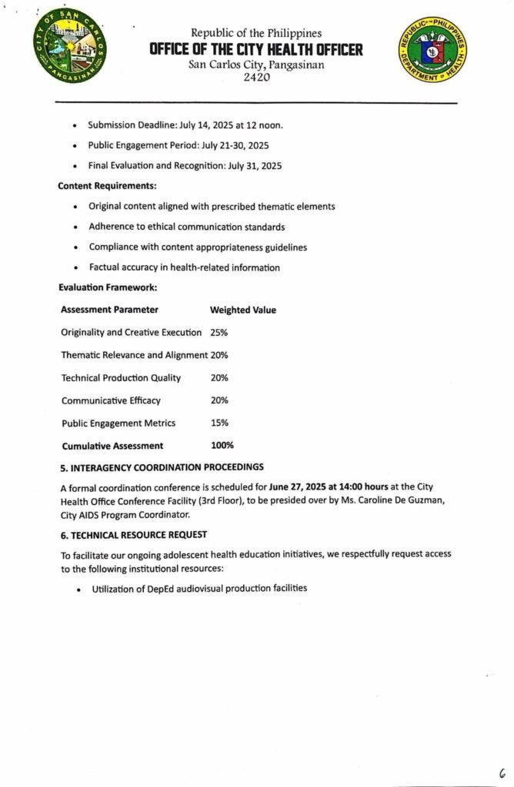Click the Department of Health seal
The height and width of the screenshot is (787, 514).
[x=432, y=51]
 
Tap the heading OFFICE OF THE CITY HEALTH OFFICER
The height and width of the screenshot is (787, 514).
[x=256, y=50]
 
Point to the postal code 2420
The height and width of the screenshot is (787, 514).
[x=256, y=77]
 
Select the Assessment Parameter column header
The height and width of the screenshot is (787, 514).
[x=109, y=310]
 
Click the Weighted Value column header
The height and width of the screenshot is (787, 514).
[x=243, y=310]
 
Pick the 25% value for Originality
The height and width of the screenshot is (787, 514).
[x=219, y=333]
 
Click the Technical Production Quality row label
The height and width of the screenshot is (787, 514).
[x=121, y=377]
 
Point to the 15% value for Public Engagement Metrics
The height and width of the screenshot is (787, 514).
[x=219, y=423]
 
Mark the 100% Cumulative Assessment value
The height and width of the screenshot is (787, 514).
[x=222, y=446]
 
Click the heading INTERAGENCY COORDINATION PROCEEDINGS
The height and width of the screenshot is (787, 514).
[x=162, y=467]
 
